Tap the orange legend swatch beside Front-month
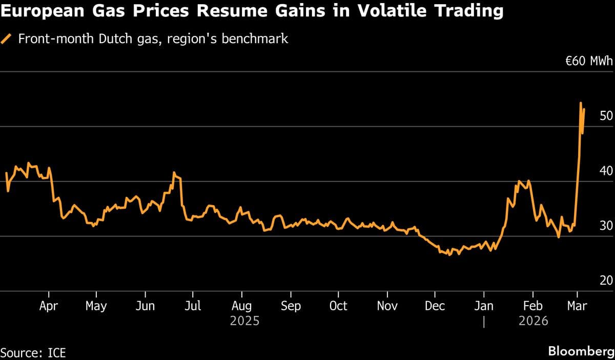7,39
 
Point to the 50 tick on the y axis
606,116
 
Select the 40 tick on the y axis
606,171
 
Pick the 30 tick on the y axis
606,226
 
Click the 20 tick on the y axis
606,281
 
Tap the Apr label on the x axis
48,306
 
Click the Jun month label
145,306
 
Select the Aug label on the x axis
241,306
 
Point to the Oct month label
338,306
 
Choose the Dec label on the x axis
435,306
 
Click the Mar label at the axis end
577,306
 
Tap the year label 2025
244,322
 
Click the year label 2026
533,322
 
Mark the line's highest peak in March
581,103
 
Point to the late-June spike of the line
174,172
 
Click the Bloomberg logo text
580,351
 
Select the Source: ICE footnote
33,353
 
